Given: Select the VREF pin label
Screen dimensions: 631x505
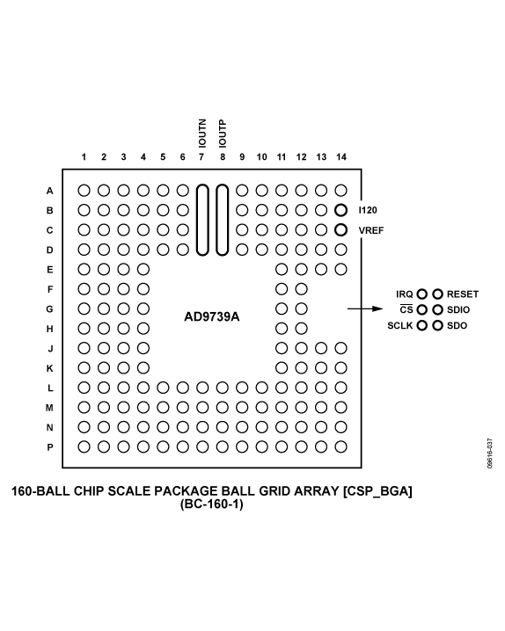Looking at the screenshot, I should tap(370, 230).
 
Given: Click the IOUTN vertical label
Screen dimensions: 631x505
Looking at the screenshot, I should tap(201, 133).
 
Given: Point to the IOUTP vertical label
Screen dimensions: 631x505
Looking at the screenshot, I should tap(222, 133).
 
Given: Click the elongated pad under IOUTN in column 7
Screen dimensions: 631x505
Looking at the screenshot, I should tap(202, 220).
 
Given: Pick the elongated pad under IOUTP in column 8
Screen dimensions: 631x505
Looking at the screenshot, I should tap(222, 220).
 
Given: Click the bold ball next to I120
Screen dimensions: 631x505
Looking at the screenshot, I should tap(341, 211).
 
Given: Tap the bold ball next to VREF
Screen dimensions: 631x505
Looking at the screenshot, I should tap(341, 230).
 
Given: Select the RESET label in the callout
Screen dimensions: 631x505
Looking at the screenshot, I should tap(463, 294).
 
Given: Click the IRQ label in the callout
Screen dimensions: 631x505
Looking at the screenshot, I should tap(405, 294).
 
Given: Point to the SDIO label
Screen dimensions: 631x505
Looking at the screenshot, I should tap(459, 309).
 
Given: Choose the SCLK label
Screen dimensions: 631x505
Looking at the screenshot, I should tap(400, 325).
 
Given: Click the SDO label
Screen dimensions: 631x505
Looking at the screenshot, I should tap(457, 325).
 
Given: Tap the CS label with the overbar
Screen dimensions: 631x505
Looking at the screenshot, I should tap(407, 309).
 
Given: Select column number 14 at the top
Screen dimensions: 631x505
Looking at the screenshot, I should tap(341, 156).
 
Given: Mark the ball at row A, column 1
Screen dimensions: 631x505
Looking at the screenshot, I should tap(84, 190).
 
